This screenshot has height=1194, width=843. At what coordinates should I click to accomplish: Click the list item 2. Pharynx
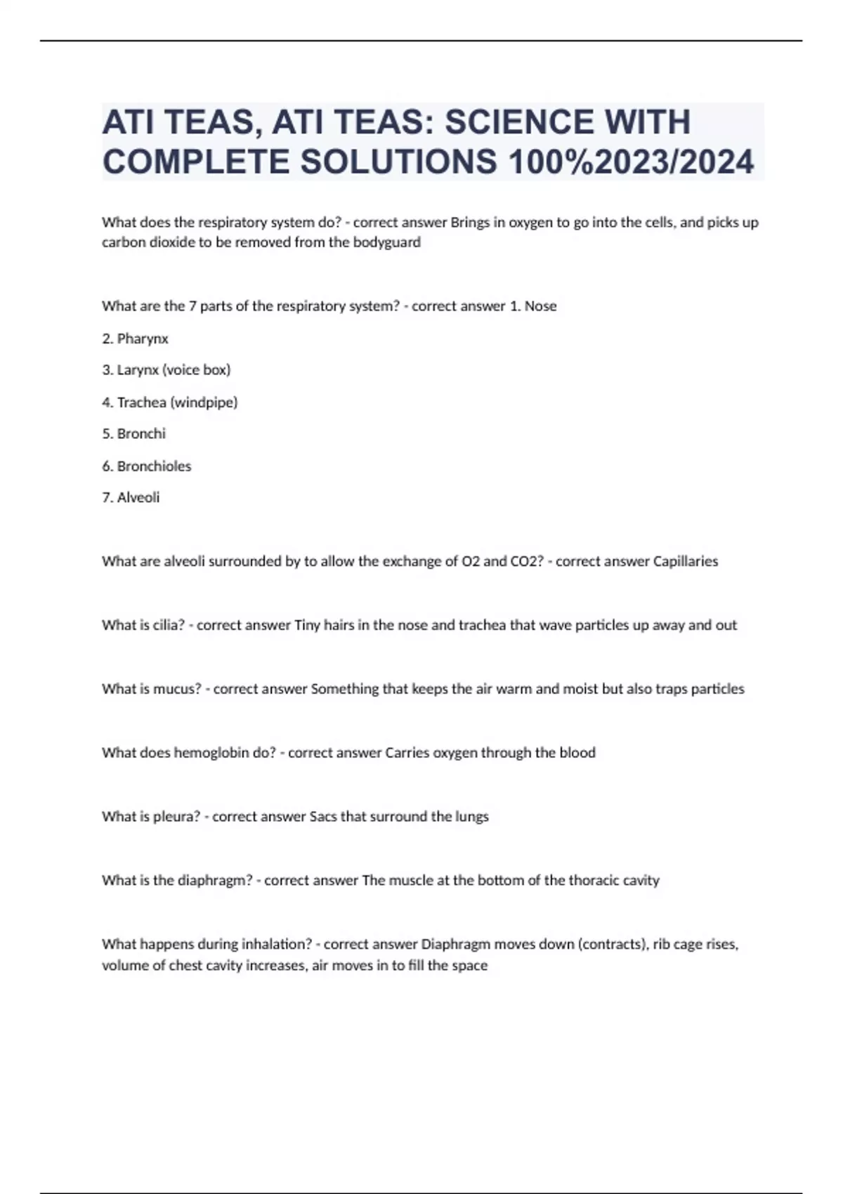coord(135,339)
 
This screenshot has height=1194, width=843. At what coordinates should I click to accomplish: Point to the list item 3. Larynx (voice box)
coord(166,369)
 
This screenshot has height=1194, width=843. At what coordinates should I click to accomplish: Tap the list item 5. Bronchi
coord(133,433)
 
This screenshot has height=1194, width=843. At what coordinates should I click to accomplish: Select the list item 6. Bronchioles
coord(146,466)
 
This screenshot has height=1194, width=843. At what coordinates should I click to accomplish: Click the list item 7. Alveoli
coord(131,497)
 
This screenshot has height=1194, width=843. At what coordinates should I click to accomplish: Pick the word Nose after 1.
coord(540,306)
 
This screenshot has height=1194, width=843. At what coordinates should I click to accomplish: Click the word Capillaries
coord(685,561)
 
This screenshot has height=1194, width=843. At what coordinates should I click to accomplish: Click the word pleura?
coord(176,817)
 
